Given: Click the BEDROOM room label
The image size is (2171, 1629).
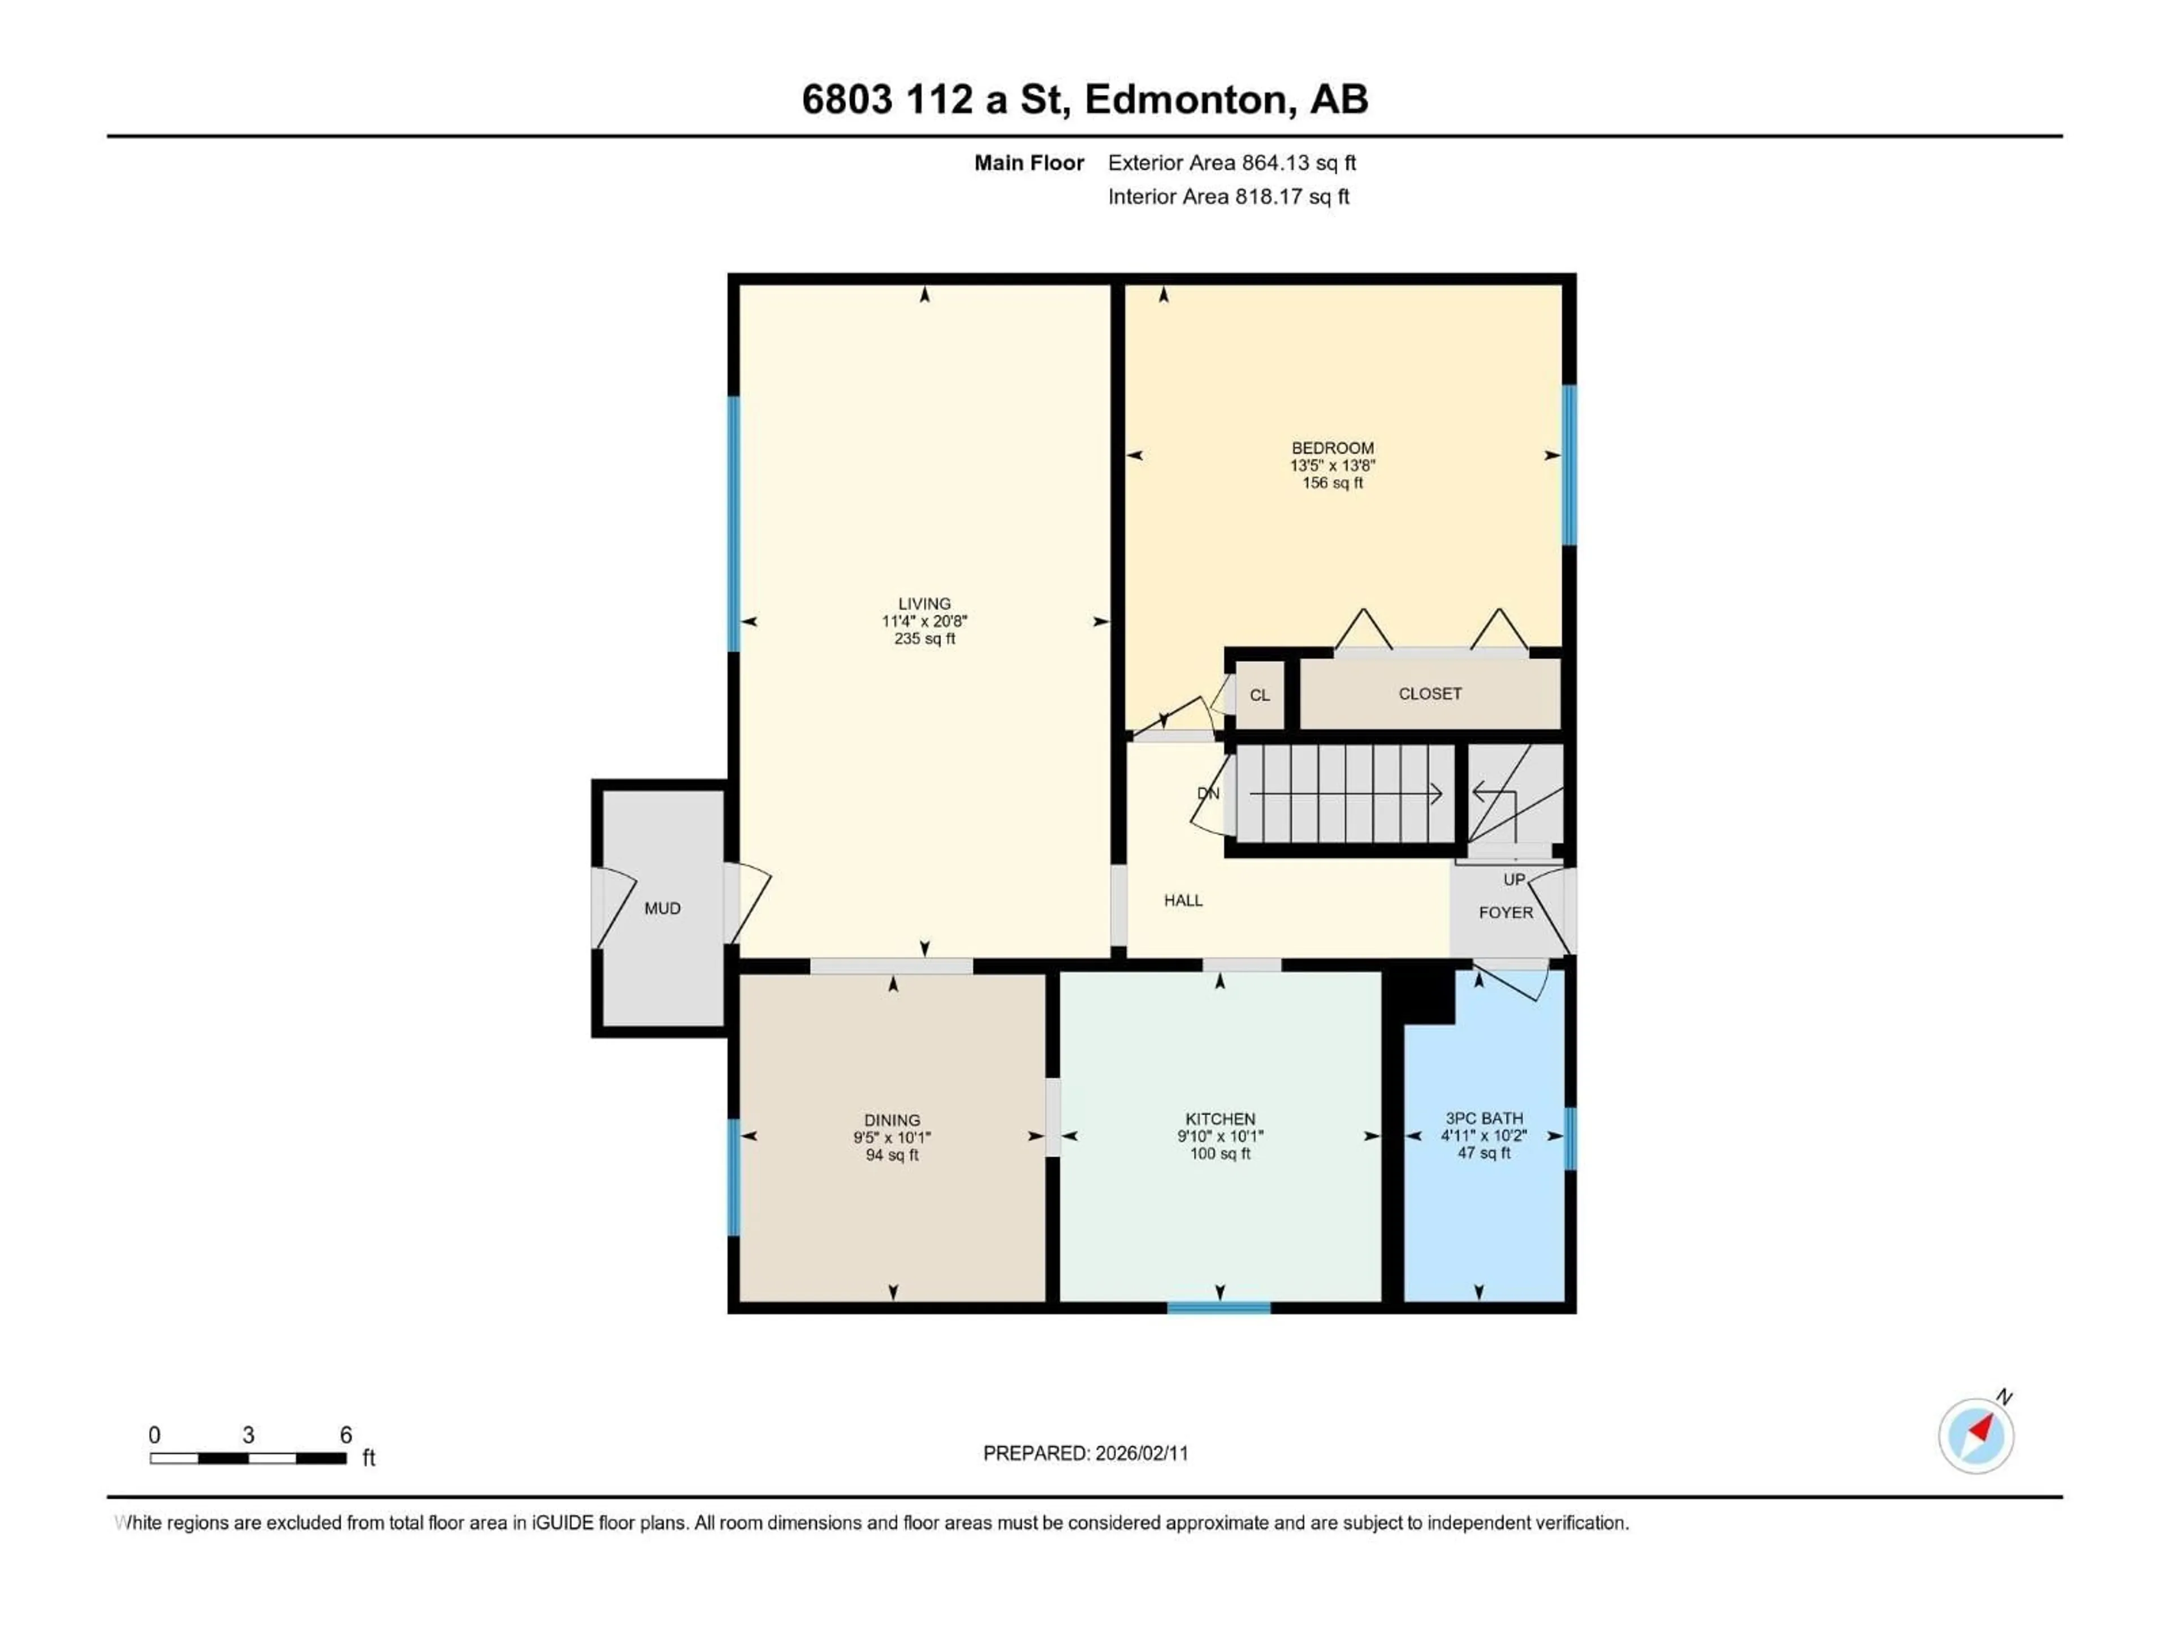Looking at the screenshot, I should [x=1332, y=448].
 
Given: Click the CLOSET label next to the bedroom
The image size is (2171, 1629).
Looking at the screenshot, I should [x=1429, y=694].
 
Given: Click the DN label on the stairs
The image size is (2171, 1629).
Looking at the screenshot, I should [x=1208, y=794].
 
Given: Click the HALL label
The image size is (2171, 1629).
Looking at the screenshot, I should [x=1183, y=900].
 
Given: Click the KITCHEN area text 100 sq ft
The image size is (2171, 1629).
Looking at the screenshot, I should [x=1220, y=1154].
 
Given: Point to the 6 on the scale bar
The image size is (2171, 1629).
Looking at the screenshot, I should [x=345, y=1434].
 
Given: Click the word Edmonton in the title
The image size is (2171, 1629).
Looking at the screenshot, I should [x=1187, y=99].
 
